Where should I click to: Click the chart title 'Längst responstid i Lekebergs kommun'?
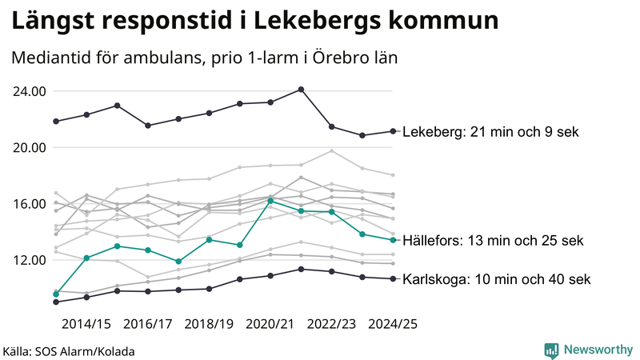(255, 21)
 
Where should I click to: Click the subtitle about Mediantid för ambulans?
(204, 58)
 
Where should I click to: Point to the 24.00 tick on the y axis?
(28, 91)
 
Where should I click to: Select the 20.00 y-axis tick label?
(28, 148)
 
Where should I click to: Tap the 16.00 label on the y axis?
(28, 204)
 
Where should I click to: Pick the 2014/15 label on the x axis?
(86, 324)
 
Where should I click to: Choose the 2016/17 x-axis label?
(148, 324)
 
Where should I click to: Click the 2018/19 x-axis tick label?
(209, 324)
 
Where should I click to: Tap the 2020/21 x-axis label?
(270, 324)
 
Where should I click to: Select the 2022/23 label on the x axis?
(331, 324)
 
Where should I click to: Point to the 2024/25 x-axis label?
(392, 324)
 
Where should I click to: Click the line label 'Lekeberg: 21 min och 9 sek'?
(490, 132)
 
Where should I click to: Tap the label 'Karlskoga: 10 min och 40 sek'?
(497, 279)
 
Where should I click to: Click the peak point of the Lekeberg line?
(301, 90)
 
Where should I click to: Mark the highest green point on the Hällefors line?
(270, 201)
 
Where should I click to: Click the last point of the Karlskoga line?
(392, 279)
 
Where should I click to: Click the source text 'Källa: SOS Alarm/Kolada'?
(69, 351)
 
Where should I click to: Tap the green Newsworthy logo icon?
(551, 350)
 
